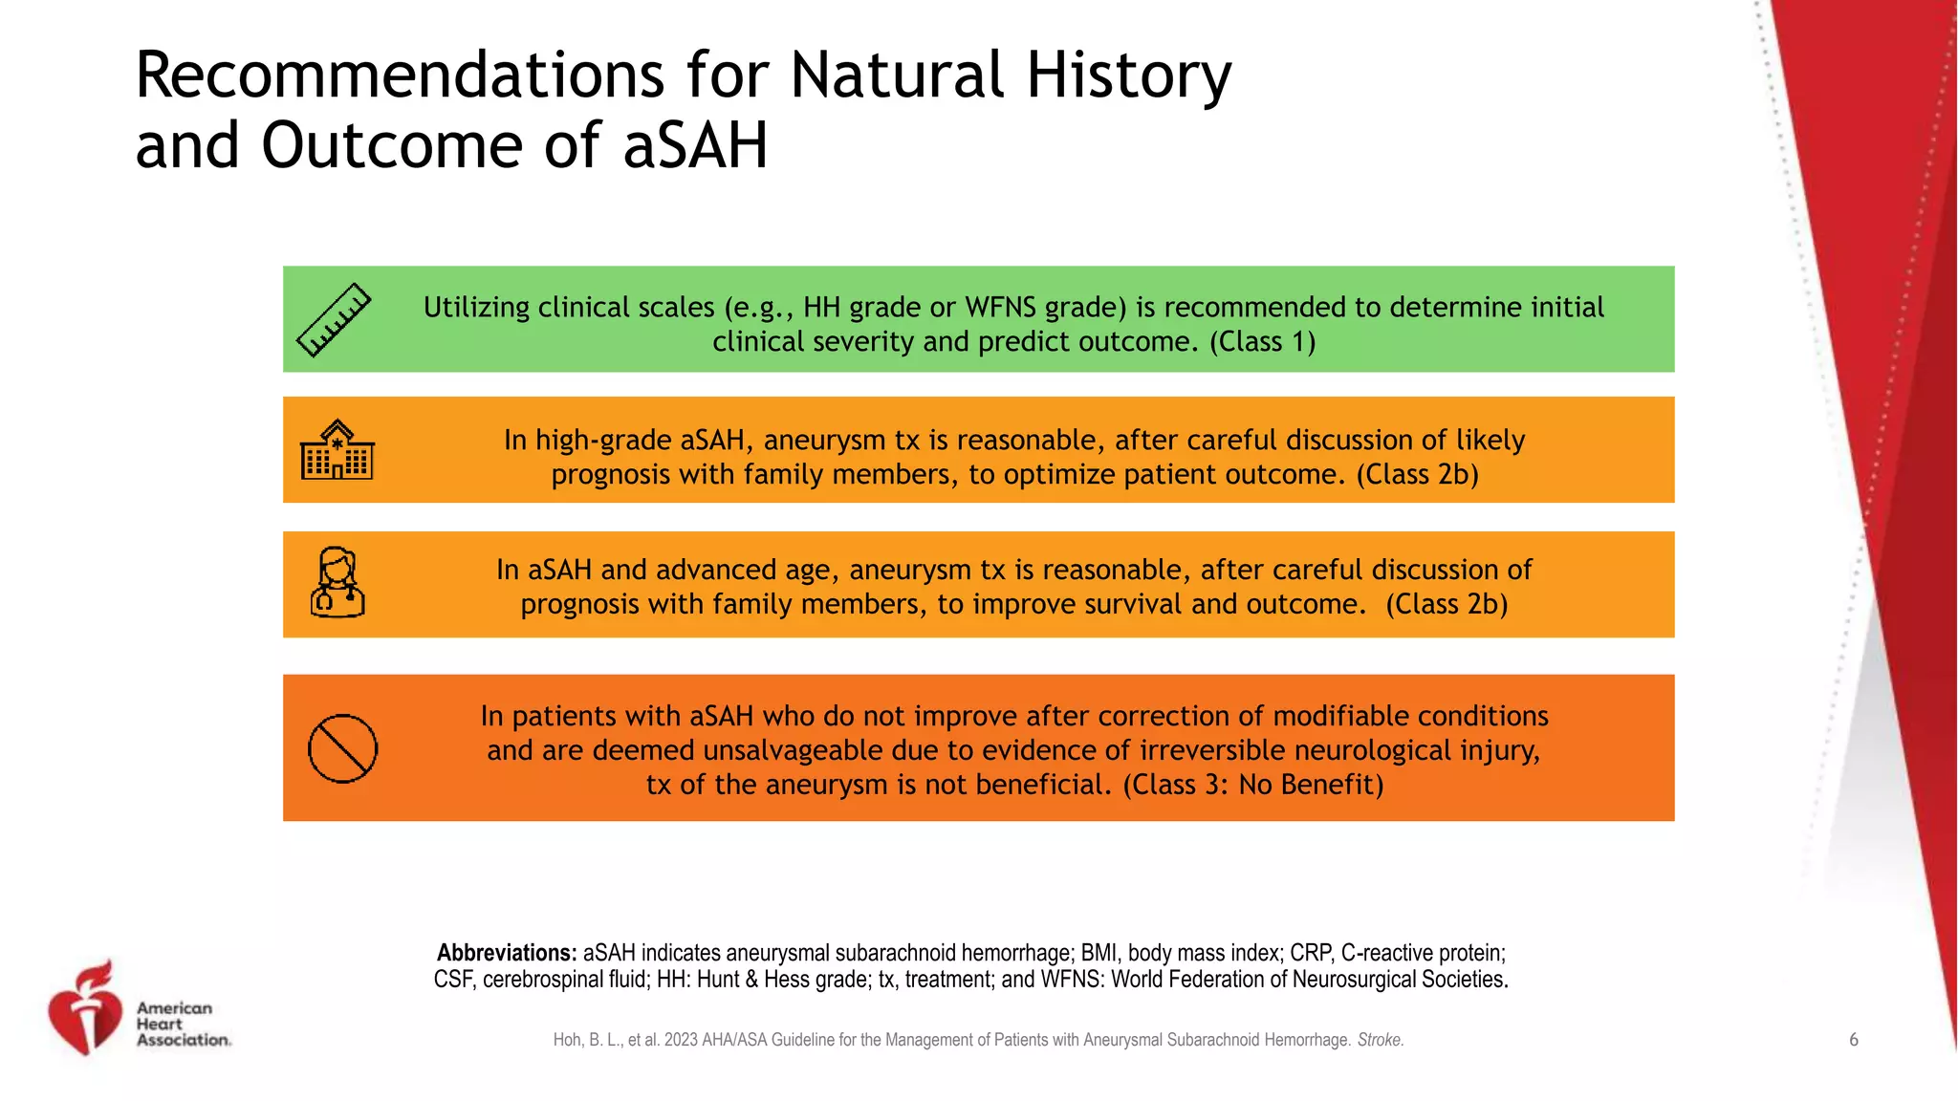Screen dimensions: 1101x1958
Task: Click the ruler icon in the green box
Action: click(x=334, y=320)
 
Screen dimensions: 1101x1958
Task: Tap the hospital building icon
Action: click(x=337, y=450)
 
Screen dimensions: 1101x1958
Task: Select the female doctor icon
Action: click(x=337, y=582)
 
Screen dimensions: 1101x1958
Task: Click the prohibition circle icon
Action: click(x=342, y=748)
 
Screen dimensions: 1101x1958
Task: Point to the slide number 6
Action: click(x=1853, y=1040)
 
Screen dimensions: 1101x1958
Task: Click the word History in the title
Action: click(x=1128, y=76)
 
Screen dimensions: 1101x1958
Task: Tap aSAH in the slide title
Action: click(x=695, y=147)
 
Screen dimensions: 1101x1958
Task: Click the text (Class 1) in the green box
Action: click(x=1262, y=342)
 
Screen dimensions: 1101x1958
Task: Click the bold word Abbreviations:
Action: click(x=507, y=953)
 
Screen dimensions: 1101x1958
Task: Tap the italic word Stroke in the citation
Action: click(x=1380, y=1040)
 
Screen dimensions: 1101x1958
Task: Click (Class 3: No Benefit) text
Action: click(x=1252, y=785)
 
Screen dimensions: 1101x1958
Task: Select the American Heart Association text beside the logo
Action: click(x=183, y=1024)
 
